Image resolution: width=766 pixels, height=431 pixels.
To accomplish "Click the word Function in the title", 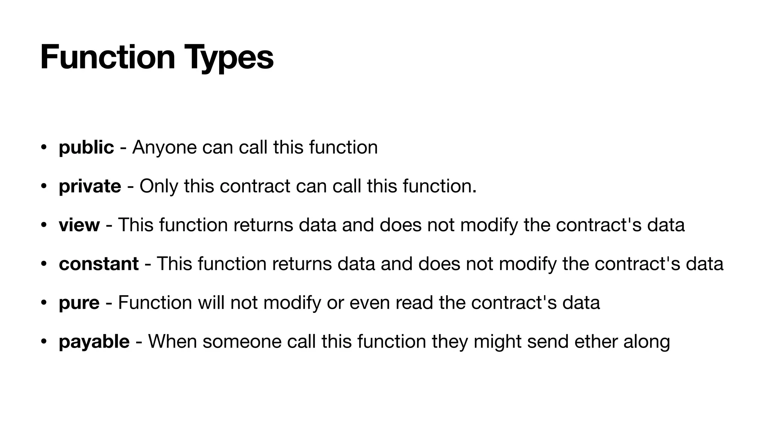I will tap(108, 57).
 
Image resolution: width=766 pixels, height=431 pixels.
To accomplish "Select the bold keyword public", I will tap(86, 147).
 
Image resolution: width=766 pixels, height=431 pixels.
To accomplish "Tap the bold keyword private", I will tap(90, 186).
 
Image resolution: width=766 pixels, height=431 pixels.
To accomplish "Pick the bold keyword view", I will tap(79, 225).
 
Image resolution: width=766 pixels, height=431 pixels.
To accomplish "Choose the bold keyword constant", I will tap(99, 264).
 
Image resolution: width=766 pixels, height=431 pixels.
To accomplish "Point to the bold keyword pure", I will tap(79, 303).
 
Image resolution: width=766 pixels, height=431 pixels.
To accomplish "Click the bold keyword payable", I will tap(94, 342).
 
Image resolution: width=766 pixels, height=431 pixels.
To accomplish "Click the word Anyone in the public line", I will tap(164, 147).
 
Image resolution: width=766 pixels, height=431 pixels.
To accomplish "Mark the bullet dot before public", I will tap(44, 147).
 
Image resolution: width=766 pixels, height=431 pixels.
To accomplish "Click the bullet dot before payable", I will tap(44, 341).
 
